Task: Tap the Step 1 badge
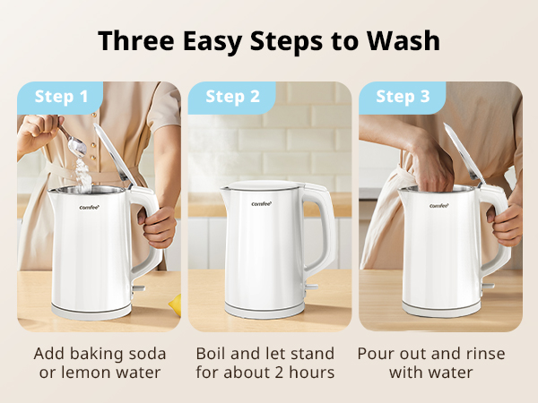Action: [62, 97]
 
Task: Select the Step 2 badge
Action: [232, 97]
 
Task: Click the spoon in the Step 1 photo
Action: [72, 139]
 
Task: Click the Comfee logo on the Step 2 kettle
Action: [261, 203]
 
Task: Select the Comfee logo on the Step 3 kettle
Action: [438, 205]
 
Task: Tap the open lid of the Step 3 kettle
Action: [460, 152]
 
